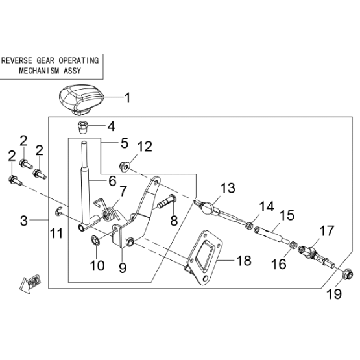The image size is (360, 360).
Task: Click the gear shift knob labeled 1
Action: (x=82, y=99)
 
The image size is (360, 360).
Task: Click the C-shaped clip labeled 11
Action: (x=58, y=211)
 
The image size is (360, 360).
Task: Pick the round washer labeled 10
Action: (x=95, y=240)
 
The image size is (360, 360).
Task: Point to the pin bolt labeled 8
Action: (x=166, y=201)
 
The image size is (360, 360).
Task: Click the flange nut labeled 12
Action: (x=125, y=167)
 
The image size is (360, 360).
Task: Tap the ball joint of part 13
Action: (x=208, y=208)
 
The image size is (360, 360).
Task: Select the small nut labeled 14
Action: (x=248, y=226)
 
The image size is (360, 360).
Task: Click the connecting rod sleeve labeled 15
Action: (x=272, y=234)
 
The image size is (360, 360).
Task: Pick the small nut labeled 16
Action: (x=293, y=245)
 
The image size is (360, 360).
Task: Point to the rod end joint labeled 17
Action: (x=316, y=256)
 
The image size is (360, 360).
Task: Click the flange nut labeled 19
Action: (x=346, y=274)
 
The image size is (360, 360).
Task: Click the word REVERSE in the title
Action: (x=17, y=60)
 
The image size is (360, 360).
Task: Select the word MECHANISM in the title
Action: (x=39, y=71)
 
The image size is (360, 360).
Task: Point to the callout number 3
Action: (x=24, y=221)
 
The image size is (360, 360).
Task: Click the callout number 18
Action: (x=244, y=260)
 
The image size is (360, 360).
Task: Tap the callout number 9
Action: (x=123, y=268)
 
